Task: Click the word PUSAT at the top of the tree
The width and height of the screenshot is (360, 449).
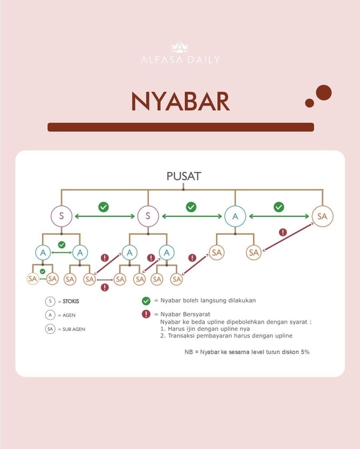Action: pos(184,176)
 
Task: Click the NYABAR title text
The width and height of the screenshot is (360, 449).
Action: pos(180,102)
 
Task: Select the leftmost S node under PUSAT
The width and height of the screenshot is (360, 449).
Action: pos(61,216)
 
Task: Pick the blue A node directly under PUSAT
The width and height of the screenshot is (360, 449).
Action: pos(235,216)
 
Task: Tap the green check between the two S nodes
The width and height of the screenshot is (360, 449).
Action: pos(103,207)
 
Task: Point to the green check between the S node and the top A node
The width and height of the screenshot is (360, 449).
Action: pos(191,207)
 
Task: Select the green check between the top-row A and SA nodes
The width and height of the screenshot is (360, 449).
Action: pos(278,207)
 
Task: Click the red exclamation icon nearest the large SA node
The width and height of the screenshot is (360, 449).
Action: pos(283,232)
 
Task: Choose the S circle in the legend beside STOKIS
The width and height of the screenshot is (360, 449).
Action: pos(50,302)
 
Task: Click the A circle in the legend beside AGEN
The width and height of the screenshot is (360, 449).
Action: pos(50,315)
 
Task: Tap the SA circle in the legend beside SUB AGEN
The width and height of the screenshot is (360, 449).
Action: pos(50,329)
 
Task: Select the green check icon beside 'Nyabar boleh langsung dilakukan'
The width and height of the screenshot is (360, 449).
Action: pos(146,301)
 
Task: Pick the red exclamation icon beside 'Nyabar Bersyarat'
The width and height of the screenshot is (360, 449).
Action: pos(146,314)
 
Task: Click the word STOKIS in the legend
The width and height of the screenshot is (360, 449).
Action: pos(71,302)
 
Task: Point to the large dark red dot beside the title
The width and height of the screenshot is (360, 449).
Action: pos(323,92)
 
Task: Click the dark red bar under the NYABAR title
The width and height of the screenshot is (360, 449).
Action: pos(180,127)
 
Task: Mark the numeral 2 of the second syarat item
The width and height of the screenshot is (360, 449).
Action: pos(162,336)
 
